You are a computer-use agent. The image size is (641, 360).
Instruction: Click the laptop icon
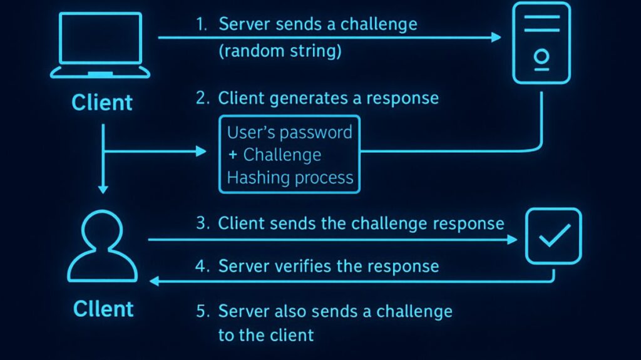pos(101,45)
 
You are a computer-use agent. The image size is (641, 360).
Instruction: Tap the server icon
pos(541,43)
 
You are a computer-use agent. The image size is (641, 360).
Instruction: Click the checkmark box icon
pos(553,236)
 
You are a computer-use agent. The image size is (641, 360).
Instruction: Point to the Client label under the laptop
pos(102,103)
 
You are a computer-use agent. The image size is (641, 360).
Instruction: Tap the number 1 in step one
pos(202,25)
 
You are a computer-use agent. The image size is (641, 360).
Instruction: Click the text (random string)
pos(280,51)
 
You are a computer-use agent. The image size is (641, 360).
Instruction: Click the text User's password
pos(289,133)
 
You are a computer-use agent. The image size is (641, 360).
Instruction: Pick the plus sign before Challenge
pos(232,155)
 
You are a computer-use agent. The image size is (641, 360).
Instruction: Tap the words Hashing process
pos(290,178)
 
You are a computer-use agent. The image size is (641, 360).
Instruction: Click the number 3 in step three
pos(202,224)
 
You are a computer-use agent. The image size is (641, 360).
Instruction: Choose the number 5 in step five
pos(202,311)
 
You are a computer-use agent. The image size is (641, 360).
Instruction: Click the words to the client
pos(265,335)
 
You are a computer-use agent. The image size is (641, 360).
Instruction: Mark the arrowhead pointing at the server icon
pos(496,38)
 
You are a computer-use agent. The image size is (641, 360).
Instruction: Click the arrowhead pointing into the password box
pos(201,151)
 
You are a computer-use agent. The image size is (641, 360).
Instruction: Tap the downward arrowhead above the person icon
pos(103,189)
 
